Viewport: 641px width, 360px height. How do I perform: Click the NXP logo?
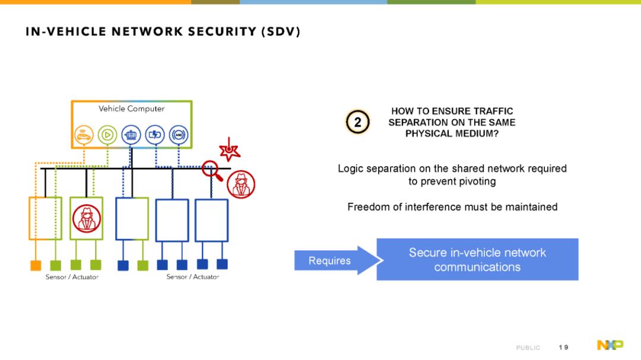coord(610,345)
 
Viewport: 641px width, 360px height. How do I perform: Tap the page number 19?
coord(563,348)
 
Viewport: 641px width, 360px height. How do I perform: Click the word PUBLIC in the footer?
coord(528,348)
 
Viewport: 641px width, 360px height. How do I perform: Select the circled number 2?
coord(358,122)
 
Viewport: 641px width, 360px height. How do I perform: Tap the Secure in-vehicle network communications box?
coord(477,260)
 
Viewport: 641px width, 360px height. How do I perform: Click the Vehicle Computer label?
coord(131,109)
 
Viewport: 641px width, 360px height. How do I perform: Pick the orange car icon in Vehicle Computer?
coord(84,135)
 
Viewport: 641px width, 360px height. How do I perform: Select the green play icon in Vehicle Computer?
coord(107,135)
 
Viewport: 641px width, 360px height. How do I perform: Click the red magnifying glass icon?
coord(212,170)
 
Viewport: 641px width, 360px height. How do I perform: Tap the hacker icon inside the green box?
coord(86,219)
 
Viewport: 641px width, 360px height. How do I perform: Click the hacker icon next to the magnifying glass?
coord(241,184)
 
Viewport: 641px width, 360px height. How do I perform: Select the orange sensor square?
coord(36,266)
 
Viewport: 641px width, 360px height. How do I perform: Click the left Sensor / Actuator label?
coord(72,277)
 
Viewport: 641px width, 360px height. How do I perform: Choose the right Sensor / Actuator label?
coord(192,277)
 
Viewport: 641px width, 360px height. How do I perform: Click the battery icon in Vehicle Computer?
coord(155,135)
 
